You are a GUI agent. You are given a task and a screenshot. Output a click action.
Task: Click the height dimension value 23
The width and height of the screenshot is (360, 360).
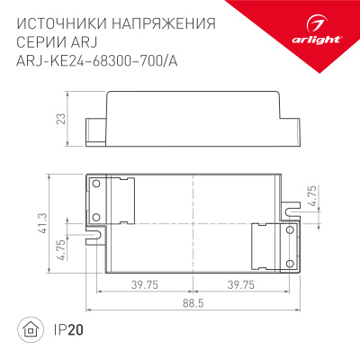tap(59, 120)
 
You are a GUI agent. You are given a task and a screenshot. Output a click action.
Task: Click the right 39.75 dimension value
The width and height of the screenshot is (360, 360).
tap(239, 285)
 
